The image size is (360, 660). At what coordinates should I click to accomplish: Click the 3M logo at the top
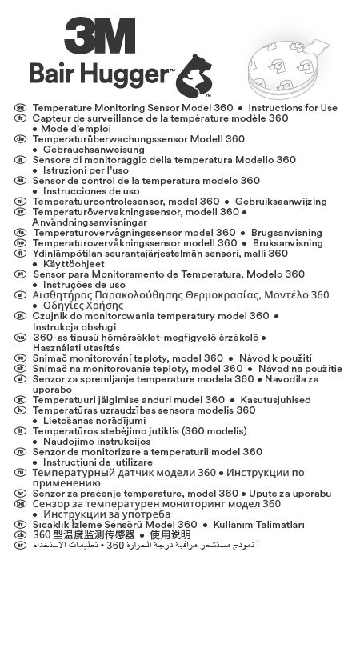pyautogui.click(x=99, y=35)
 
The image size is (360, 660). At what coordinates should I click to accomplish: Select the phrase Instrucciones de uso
pyautogui.click(x=90, y=191)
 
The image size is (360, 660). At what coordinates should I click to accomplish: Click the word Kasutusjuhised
pyautogui.click(x=274, y=399)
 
